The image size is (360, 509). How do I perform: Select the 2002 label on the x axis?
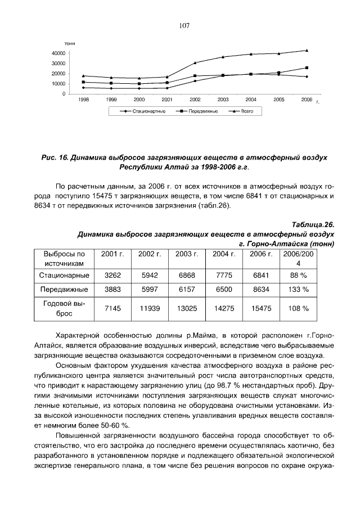click(x=195, y=99)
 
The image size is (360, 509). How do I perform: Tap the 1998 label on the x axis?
click(x=83, y=99)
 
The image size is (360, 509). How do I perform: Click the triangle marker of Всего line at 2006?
click(x=307, y=50)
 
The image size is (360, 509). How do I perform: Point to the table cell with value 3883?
click(x=112, y=290)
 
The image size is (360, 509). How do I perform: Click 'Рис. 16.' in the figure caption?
click(x=55, y=158)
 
